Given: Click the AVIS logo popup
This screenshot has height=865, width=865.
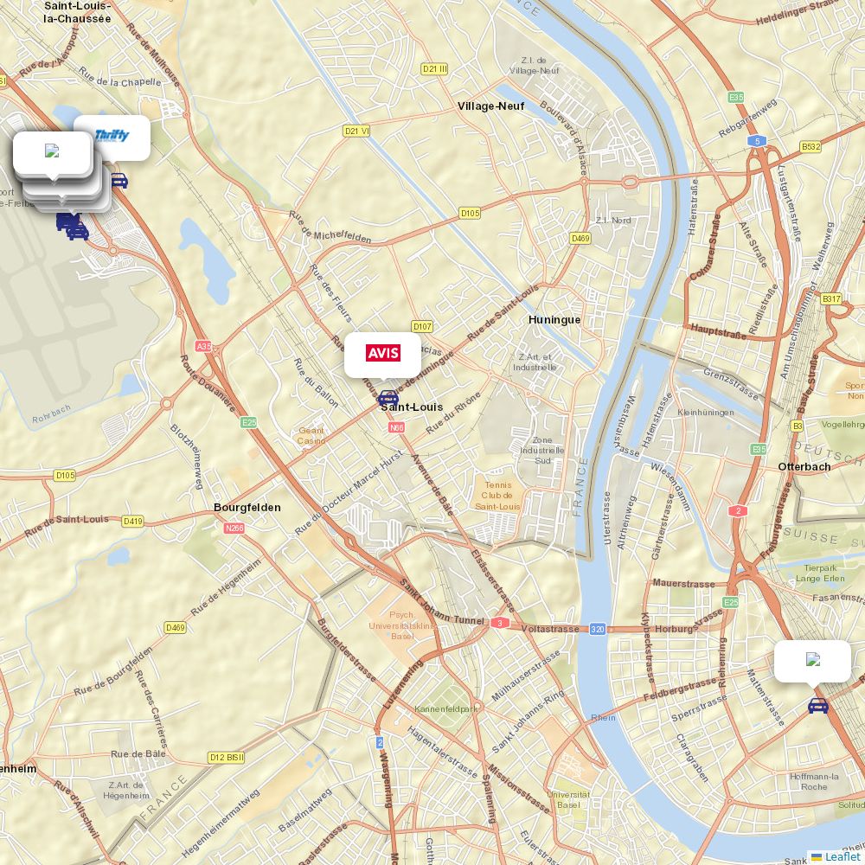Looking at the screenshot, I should (x=383, y=353).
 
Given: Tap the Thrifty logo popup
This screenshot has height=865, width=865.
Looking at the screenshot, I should (x=112, y=136).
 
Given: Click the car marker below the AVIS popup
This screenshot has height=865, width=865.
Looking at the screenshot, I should (x=388, y=398).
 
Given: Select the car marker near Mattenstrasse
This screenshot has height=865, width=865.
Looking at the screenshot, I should (x=817, y=706).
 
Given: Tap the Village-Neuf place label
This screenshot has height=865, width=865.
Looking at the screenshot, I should (x=491, y=106).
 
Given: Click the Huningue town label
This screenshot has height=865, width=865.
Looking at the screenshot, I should (x=554, y=320).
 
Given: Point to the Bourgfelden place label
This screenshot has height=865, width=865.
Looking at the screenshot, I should (x=247, y=508).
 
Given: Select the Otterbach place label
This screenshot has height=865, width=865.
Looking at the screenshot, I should (x=804, y=467).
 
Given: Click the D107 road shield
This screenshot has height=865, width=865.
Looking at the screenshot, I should (x=422, y=326).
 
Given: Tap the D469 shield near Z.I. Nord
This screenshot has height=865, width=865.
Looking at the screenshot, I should (x=580, y=238).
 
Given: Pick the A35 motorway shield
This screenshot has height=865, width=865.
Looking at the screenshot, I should (x=203, y=346).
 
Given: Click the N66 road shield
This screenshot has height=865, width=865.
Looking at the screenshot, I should (x=397, y=427).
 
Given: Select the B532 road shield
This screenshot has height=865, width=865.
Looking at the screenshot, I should (x=811, y=147).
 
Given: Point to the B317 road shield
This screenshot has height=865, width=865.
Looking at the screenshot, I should (x=831, y=298).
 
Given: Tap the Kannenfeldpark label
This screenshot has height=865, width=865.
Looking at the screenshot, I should (x=446, y=709).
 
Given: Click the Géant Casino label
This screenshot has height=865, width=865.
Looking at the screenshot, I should (x=311, y=435).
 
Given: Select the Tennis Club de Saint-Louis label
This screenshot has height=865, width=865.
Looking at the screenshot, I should (x=497, y=496).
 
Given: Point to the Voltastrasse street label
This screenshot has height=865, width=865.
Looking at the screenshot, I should (x=550, y=629).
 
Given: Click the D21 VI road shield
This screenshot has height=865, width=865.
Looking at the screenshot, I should (x=356, y=131).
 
